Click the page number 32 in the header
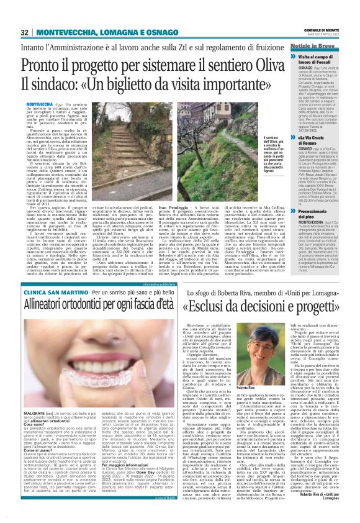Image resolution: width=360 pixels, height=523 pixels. [25, 32]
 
